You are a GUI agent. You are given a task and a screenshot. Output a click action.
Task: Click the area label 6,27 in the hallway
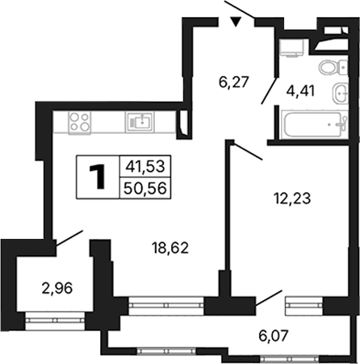pos(233,82)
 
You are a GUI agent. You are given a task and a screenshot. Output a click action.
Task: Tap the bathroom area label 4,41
pos(300,91)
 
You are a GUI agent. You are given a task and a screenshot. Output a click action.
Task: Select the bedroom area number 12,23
pos(292,199)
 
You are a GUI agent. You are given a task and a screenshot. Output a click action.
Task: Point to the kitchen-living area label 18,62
pos(170,248)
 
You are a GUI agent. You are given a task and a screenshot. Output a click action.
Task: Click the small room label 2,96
pos(57,289)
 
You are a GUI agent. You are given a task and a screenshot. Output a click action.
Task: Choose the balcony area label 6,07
pos(274,336)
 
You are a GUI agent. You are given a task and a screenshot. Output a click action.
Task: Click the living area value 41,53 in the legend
pos(145,166)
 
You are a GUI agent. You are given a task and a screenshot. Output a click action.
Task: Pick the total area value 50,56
pos(145,188)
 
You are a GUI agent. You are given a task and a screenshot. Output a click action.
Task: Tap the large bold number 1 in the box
pos(98,177)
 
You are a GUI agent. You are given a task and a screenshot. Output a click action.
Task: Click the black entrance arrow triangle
pos(236,22)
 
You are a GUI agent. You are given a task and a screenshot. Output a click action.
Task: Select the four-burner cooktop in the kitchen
pos(79,123)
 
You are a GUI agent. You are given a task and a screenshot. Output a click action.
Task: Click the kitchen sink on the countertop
pos(140,122)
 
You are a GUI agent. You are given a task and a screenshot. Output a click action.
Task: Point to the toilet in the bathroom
pos(333,67)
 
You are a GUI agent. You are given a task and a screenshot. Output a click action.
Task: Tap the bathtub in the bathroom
pos(314,124)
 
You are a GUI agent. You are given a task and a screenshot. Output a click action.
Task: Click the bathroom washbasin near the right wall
pos(341,93)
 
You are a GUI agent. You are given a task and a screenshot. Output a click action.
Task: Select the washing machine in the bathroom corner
pos(292,48)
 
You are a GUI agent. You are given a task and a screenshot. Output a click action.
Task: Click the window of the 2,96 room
pos(56,320)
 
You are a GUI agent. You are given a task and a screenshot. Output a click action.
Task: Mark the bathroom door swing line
pos(269,90)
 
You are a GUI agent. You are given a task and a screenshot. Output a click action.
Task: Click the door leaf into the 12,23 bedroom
pos(248,151)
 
